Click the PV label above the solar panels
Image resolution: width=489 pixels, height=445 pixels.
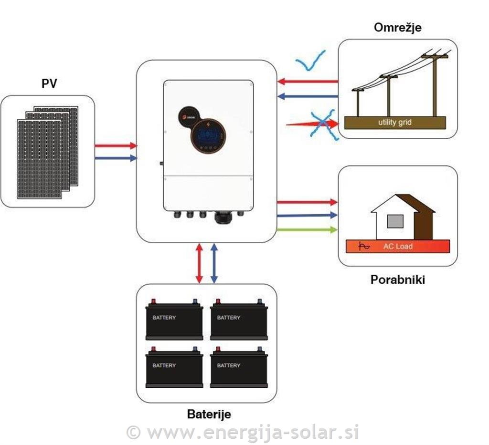coord(49,84)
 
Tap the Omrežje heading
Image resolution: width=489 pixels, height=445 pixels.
coord(397,27)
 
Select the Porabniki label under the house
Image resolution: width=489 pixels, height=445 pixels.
coord(397,279)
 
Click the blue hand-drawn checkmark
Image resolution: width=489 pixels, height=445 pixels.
coord(310,61)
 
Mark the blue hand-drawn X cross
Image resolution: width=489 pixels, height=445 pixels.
coord(324,124)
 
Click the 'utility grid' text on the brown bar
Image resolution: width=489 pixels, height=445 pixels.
coord(394,123)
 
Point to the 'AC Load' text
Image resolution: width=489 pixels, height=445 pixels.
coord(398,247)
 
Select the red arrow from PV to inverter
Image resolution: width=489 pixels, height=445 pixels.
coord(116,145)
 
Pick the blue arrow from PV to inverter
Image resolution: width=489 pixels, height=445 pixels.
coord(116,158)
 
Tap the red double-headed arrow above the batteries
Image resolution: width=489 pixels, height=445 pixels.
coord(200,263)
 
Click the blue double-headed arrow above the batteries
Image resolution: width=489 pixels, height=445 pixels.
coord(214,263)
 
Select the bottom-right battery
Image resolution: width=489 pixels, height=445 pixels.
coord(239,367)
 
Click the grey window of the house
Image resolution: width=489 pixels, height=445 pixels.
coord(395,221)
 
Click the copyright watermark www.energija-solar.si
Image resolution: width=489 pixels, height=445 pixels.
coord(244,432)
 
